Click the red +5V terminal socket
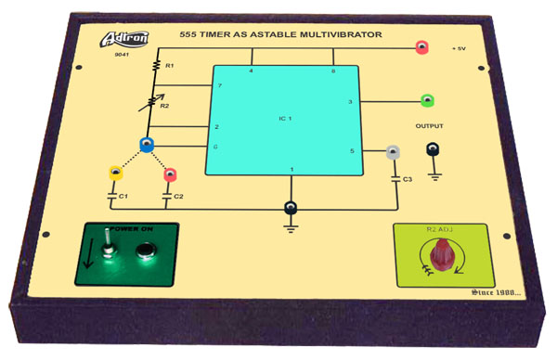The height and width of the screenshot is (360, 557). coord(421,45)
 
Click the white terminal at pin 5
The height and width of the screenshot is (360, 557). coord(394,151)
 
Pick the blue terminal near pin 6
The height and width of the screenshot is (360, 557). coord(146,144)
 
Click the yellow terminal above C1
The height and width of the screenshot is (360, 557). coord(115,172)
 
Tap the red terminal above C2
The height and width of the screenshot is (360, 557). coord(170,174)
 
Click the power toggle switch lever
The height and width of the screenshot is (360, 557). coord(108,248)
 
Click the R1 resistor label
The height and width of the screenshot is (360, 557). coord(169,66)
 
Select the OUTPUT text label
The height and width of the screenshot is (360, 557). coord(429,126)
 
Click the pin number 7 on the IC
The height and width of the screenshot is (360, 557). coord(219,86)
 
